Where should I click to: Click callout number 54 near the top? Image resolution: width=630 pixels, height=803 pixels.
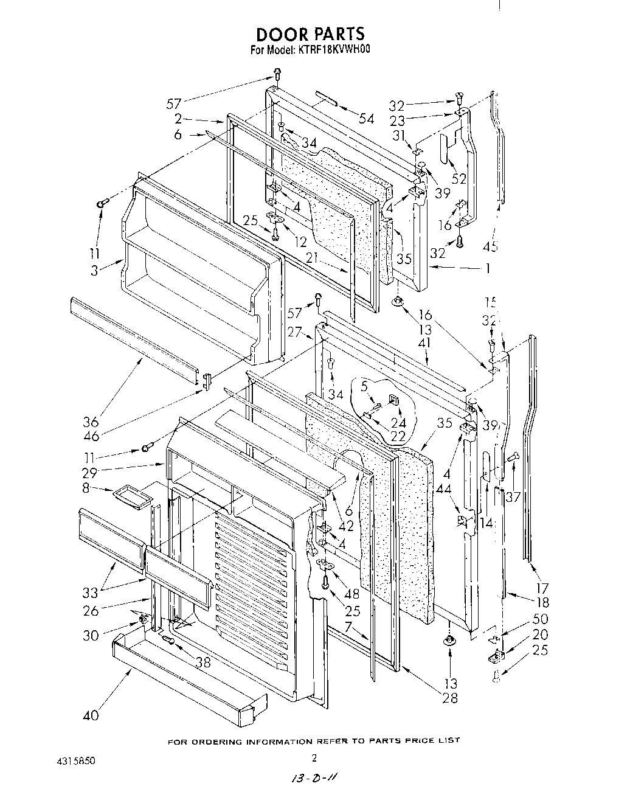pyautogui.click(x=366, y=119)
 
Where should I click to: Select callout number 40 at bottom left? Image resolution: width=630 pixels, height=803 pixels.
pyautogui.click(x=91, y=715)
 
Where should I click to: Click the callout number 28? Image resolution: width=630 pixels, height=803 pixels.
pyautogui.click(x=450, y=698)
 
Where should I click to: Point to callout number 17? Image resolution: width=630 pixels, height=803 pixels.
pyautogui.click(x=542, y=588)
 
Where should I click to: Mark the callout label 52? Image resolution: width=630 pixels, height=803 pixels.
pyautogui.click(x=459, y=179)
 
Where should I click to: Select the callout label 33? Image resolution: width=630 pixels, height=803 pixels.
pyautogui.click(x=91, y=593)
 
